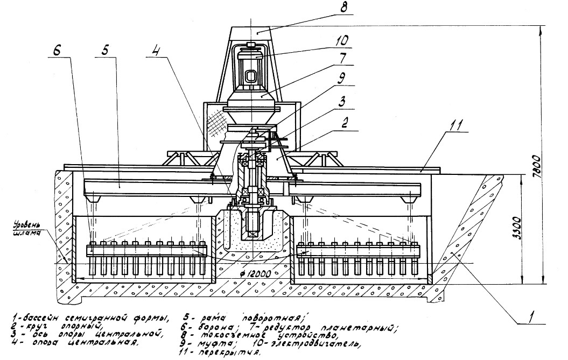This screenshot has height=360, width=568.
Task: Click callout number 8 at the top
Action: (x=344, y=9)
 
